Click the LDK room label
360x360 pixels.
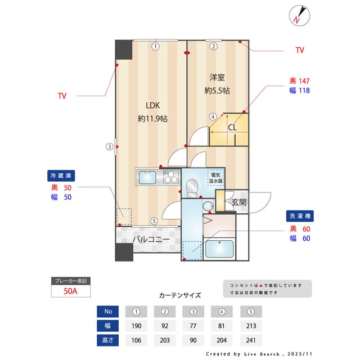coord(152,105)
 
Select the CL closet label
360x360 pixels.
coord(232,127)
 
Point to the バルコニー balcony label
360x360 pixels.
coord(151,239)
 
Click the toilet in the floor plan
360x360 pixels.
coord(192,187)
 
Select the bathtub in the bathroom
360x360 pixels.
coord(219,249)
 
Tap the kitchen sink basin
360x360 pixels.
coord(148,178)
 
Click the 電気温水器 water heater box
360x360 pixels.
coord(216,178)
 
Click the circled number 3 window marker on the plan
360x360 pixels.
coord(110,147)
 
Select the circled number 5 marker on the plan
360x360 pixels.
coord(154,221)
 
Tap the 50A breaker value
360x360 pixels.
coord(70,292)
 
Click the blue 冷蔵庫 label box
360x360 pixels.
coord(60,175)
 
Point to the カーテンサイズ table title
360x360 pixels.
coord(179,295)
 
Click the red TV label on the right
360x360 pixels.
coord(300,51)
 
